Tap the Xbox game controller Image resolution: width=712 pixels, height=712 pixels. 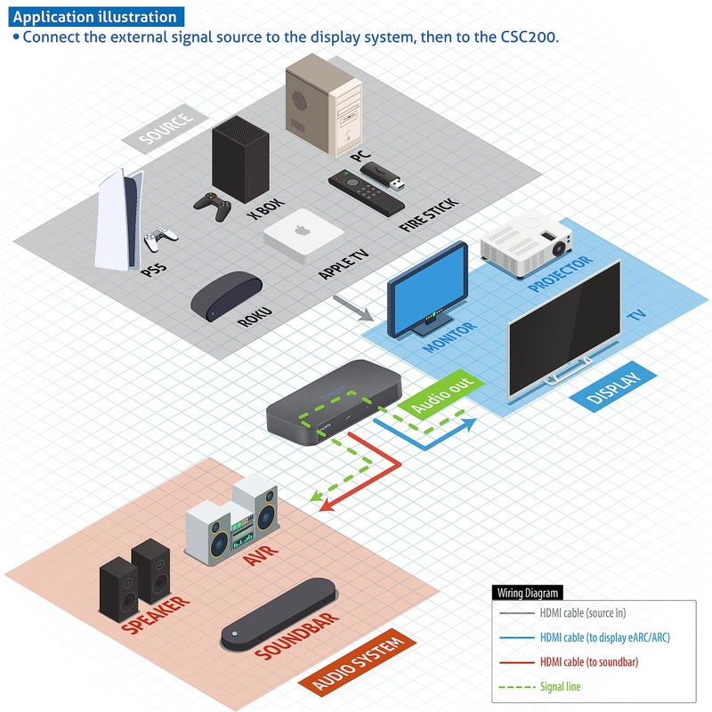213,206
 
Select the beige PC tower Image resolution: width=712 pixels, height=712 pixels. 323,104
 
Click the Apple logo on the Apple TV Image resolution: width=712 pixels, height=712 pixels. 302,230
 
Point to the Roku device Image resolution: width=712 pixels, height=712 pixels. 226,295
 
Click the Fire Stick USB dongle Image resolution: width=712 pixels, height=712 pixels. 383,176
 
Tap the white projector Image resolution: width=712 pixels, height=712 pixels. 526,243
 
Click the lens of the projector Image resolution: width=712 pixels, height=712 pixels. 559,248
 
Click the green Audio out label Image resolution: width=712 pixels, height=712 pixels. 441,393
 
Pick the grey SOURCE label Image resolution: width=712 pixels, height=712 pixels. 166,128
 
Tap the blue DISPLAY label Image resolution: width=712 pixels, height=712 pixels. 613,387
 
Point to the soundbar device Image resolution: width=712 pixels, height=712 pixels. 279,613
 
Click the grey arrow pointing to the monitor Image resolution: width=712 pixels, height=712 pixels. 352,308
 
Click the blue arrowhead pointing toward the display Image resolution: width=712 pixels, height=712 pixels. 468,425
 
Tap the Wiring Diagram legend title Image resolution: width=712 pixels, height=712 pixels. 527,593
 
